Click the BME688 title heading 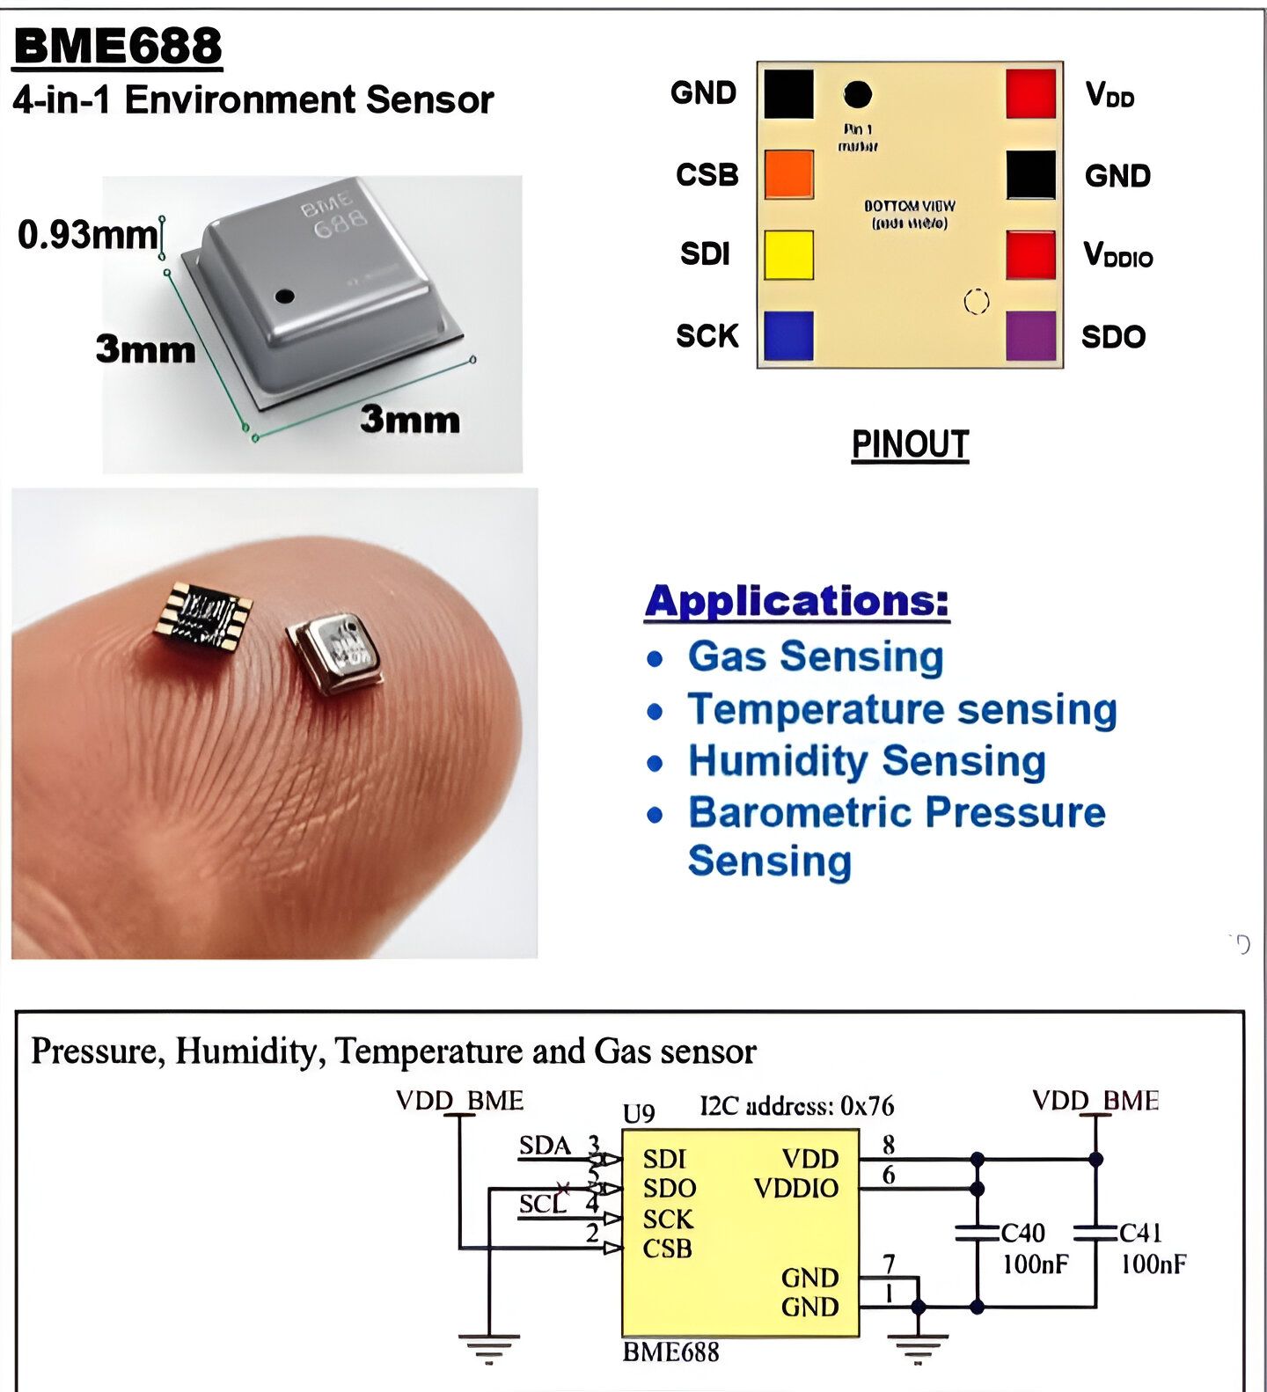click(x=118, y=46)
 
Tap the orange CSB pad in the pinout click(x=788, y=174)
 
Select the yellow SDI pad click(x=788, y=255)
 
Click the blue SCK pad click(x=788, y=336)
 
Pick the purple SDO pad click(x=1030, y=336)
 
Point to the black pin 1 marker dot click(x=858, y=94)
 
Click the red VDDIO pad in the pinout click(x=1030, y=255)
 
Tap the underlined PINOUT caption click(x=910, y=444)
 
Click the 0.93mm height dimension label click(x=88, y=235)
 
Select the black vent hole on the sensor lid click(x=284, y=296)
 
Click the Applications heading click(x=797, y=602)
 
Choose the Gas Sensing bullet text click(x=816, y=656)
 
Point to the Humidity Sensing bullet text click(x=867, y=761)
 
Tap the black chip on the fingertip click(x=203, y=617)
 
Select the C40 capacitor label click(x=1023, y=1233)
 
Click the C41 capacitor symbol click(x=1095, y=1232)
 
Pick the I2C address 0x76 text click(x=796, y=1106)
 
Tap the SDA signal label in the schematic click(x=545, y=1146)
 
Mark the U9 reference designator click(x=639, y=1114)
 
